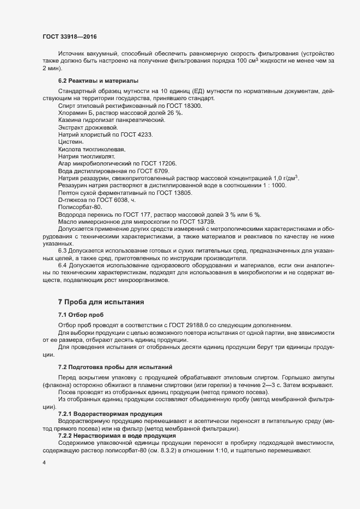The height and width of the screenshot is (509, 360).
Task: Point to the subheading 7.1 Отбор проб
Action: pyautogui.click(x=81, y=315)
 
